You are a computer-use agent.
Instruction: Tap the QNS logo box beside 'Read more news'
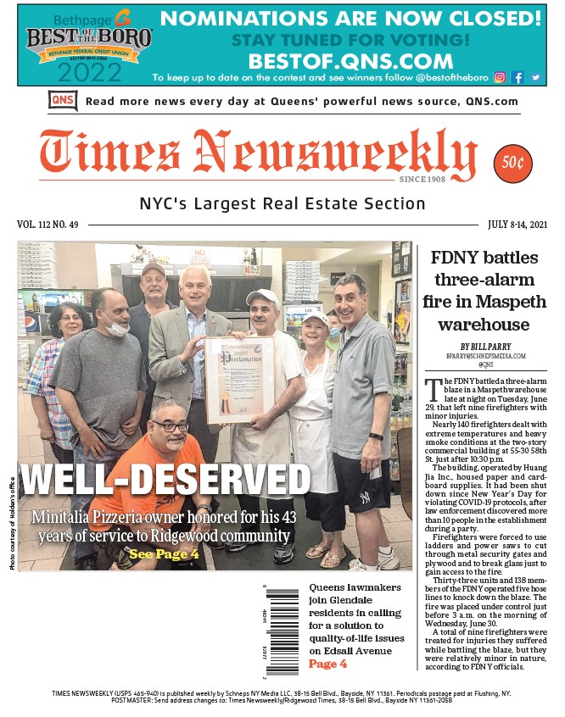click(x=64, y=101)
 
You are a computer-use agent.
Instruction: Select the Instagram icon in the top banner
click(x=500, y=77)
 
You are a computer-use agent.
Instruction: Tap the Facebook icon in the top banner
click(x=517, y=77)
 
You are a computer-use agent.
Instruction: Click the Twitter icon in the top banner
click(x=535, y=77)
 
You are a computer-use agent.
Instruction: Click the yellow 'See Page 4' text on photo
click(x=164, y=553)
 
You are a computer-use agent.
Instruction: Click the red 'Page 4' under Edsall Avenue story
click(x=327, y=664)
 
